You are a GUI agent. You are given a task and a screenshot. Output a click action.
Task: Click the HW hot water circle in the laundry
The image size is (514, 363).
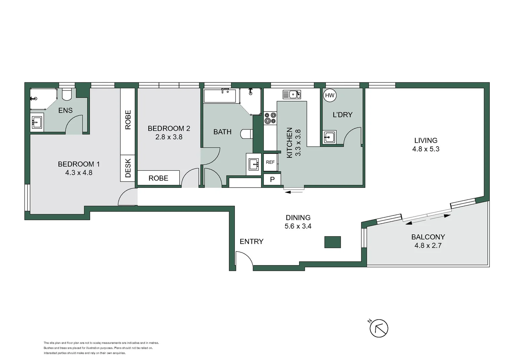(x=330, y=95)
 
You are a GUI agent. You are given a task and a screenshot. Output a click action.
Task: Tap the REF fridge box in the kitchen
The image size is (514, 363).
(x=270, y=162)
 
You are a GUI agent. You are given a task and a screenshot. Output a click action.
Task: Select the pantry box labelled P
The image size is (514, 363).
(x=272, y=179)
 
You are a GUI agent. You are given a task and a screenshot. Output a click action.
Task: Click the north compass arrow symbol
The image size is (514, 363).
(x=379, y=328)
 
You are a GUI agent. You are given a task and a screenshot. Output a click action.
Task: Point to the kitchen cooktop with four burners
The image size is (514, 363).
(x=270, y=118)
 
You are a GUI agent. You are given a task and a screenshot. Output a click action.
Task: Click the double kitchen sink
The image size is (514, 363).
(x=292, y=94)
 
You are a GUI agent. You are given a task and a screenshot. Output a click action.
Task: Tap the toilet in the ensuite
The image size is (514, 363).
(x=67, y=94)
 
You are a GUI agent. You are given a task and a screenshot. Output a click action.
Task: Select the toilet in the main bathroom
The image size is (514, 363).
(x=247, y=134)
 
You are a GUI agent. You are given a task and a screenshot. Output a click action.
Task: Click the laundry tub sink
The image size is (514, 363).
(x=329, y=137)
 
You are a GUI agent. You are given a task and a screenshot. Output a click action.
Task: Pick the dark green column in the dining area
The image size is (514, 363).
(x=332, y=242)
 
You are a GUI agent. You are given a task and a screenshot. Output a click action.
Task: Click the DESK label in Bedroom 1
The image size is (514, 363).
(x=128, y=168)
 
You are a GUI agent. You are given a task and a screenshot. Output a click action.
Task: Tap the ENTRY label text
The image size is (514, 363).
(x=251, y=241)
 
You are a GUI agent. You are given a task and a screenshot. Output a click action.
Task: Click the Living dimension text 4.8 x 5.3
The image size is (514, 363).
(x=426, y=149)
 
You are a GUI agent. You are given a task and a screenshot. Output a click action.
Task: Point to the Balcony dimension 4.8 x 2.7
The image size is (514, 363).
(x=428, y=246)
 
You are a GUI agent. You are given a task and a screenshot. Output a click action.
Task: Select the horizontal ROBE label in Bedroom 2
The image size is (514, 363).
(x=158, y=178)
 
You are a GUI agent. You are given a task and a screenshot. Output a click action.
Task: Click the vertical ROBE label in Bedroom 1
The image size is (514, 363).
(x=128, y=120)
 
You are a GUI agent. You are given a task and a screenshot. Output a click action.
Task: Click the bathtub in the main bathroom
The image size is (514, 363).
(x=221, y=96)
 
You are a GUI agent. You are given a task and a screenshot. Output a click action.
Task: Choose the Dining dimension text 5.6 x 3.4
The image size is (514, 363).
(x=298, y=226)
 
